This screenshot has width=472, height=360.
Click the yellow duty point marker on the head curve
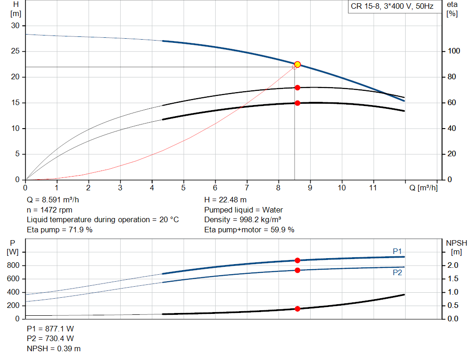point(297,65)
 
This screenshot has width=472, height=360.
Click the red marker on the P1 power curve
point(297,260)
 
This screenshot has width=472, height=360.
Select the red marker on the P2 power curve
point(297,270)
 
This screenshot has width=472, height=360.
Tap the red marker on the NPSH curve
point(297,309)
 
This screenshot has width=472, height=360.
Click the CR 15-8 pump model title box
point(394,7)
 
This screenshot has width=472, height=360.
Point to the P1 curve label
point(397,251)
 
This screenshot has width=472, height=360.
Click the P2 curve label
point(397,272)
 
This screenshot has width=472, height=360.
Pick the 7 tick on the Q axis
point(247,188)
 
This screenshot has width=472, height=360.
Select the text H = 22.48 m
point(225,200)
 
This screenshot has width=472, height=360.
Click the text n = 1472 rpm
point(49,210)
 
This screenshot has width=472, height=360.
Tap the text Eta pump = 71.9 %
point(59,230)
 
